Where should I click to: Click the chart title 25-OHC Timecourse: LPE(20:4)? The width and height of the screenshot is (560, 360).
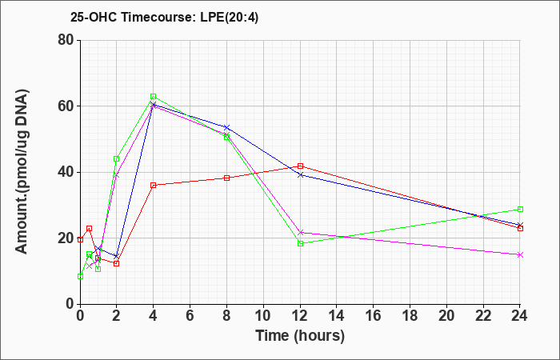coord(164,17)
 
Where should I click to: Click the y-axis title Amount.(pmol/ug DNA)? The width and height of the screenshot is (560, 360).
coord(22,172)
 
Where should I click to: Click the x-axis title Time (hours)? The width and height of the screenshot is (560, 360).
coord(300,336)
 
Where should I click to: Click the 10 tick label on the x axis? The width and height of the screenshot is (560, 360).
coord(263,316)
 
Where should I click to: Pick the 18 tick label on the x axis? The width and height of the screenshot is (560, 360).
coord(410,316)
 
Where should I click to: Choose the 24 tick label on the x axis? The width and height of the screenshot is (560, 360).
coord(520,316)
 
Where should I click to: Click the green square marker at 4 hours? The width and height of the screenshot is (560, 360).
coord(154,97)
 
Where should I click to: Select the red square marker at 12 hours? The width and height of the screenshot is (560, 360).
coord(300,166)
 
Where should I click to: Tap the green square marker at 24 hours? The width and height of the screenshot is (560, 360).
coord(520,210)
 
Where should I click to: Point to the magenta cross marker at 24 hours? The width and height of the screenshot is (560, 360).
coord(520,254)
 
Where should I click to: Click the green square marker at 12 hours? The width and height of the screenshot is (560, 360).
coord(300,243)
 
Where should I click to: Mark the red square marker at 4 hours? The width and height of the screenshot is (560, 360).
coord(154,186)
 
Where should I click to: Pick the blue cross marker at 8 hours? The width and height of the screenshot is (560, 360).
coord(226,127)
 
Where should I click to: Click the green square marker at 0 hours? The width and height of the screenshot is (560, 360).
coord(80,277)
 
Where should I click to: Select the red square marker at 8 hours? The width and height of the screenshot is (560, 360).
coord(226,178)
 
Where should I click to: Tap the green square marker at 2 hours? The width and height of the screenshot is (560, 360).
coord(117,159)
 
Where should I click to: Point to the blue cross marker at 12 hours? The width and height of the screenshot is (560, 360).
coord(300,175)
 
